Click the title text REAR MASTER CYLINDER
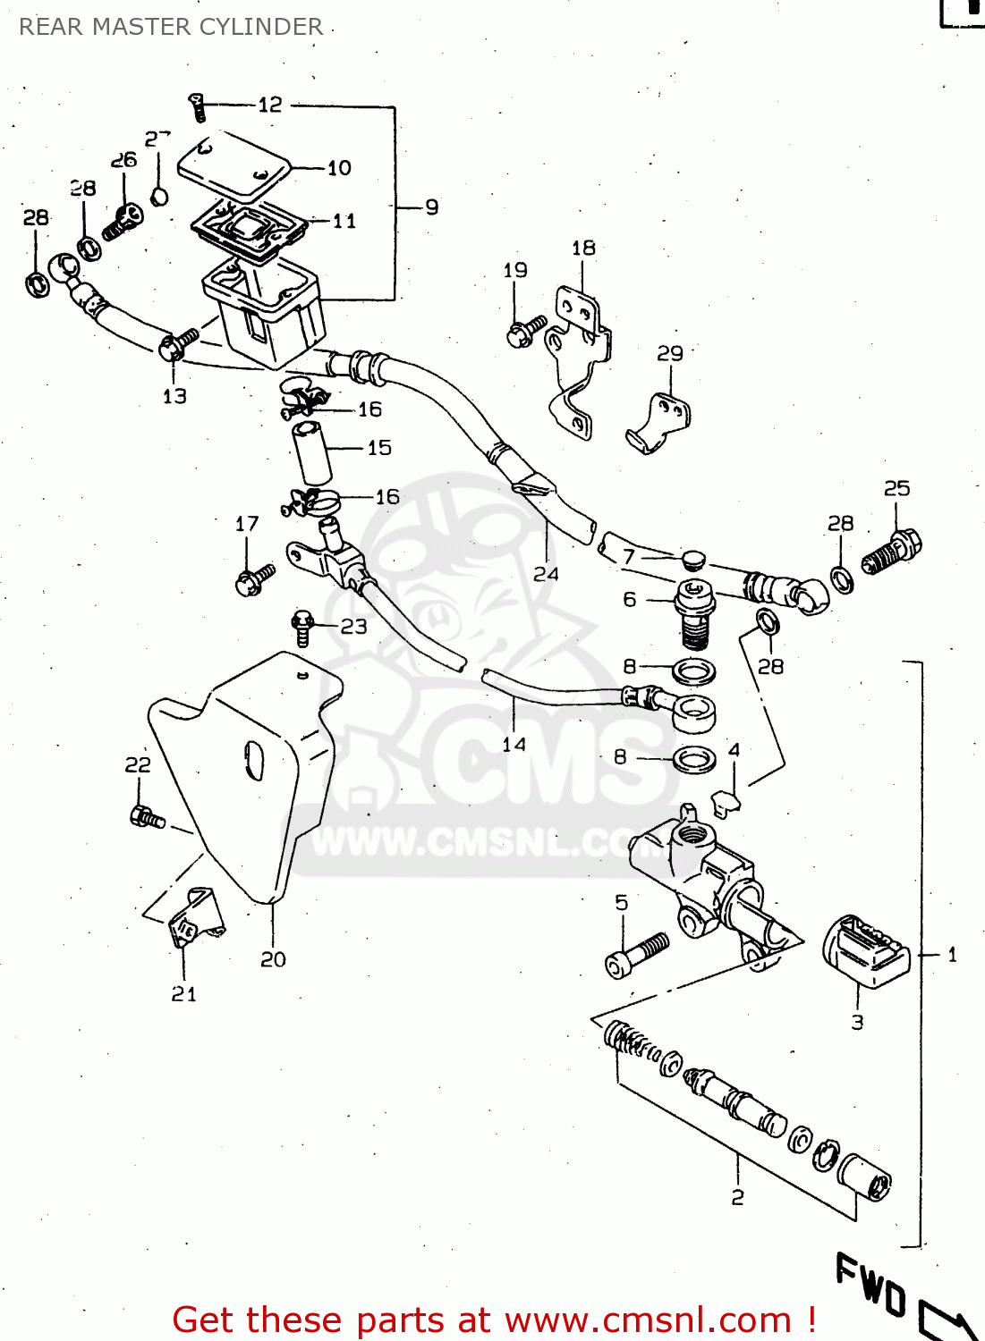click(x=171, y=27)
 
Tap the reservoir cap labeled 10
click(x=234, y=166)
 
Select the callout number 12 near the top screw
click(x=270, y=105)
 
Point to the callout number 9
click(x=432, y=207)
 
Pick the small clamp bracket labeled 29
click(x=659, y=423)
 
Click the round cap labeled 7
click(x=692, y=560)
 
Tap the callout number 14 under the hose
click(x=514, y=744)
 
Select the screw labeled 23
click(x=302, y=628)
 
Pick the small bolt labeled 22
click(x=146, y=816)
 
